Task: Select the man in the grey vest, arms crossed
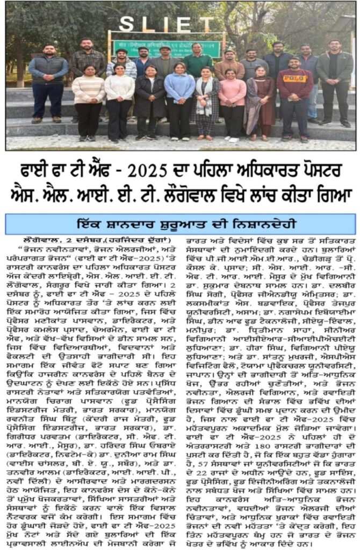48,81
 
